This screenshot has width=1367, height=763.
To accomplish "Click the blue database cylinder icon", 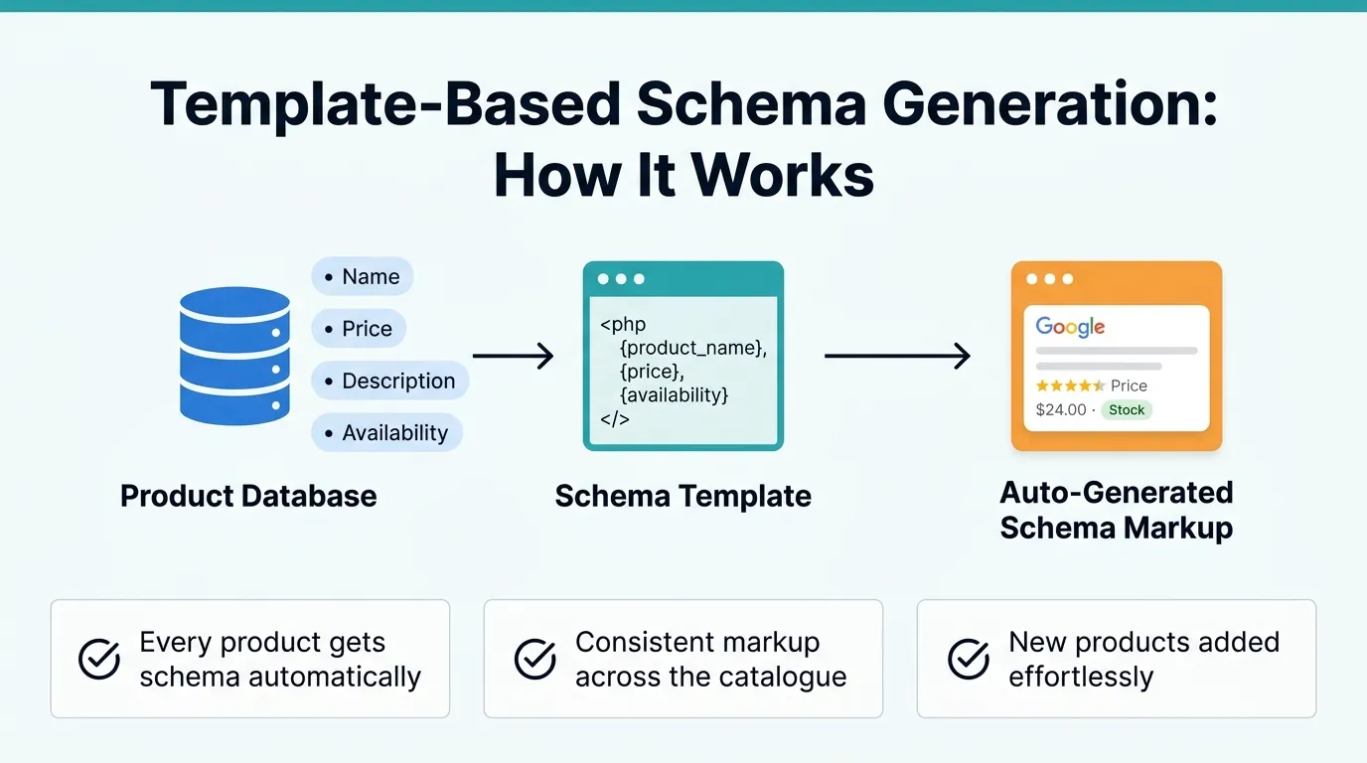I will [x=234, y=356].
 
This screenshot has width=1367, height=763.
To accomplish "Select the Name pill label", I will [x=363, y=277].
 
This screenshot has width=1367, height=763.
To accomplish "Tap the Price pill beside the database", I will [x=359, y=329].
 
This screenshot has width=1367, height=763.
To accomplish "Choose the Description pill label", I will [x=389, y=381].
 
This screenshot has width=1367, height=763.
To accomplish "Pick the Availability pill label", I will [x=386, y=433].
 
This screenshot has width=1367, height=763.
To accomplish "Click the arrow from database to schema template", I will [x=513, y=356].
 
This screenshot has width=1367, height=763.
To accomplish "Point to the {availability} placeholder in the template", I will [x=674, y=394].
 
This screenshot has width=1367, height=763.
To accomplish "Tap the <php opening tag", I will [x=623, y=324].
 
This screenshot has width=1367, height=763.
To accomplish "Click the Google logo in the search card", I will [x=1070, y=327].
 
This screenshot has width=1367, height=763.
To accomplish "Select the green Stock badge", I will [x=1127, y=409].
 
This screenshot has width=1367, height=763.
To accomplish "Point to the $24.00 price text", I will [x=1060, y=409].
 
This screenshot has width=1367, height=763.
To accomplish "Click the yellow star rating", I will [x=1070, y=385].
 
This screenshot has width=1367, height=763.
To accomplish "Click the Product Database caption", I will [x=248, y=496].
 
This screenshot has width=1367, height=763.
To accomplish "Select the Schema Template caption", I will [x=683, y=496].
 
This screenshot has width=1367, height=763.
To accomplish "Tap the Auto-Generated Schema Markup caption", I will [x=1116, y=510].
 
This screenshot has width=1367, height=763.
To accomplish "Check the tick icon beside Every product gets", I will [x=99, y=659].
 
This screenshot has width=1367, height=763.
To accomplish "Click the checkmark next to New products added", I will [x=969, y=659].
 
